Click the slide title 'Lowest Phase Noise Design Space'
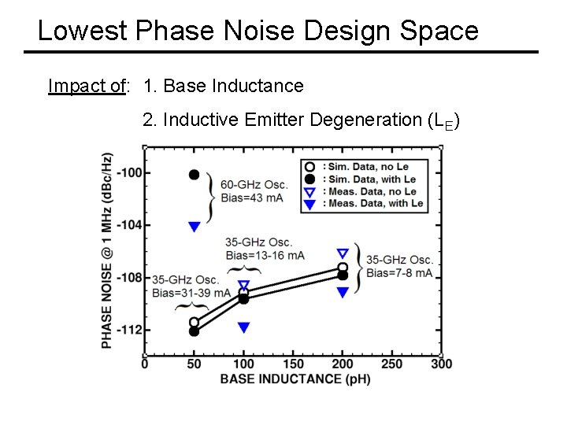258,31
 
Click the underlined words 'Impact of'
87,86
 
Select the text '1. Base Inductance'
224,86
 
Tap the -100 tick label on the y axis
129,173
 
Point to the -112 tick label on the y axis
129,329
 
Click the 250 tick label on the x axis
391,364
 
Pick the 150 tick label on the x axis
292,364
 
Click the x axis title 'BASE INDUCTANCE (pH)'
295,379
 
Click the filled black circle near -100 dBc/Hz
194,174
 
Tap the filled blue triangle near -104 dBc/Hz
194,227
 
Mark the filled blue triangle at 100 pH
243,327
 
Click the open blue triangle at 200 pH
343,253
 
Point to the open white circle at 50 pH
194,322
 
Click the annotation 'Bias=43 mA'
251,198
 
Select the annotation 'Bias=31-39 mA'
185,293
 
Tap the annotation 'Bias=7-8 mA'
399,272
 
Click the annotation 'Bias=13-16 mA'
265,255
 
